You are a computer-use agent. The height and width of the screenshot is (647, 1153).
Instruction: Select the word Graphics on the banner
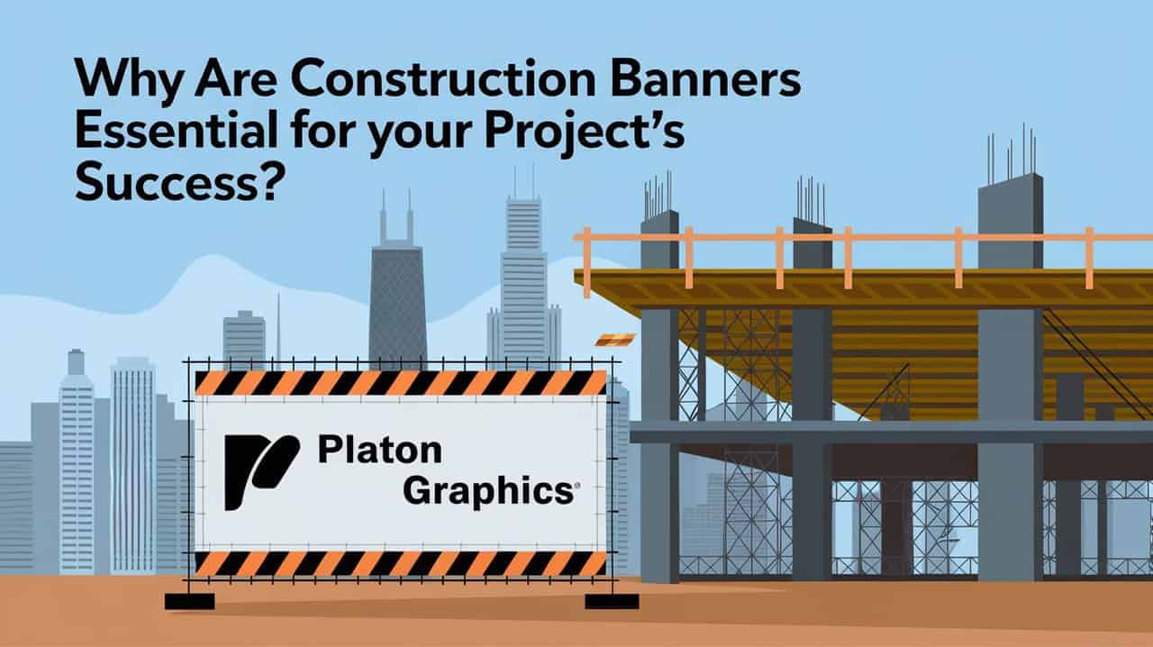(486, 492)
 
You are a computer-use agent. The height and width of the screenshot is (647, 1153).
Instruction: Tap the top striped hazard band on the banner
(401, 383)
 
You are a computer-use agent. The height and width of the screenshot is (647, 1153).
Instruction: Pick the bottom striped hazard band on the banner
(401, 564)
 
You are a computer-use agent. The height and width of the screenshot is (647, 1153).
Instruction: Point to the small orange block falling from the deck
(604, 340)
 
